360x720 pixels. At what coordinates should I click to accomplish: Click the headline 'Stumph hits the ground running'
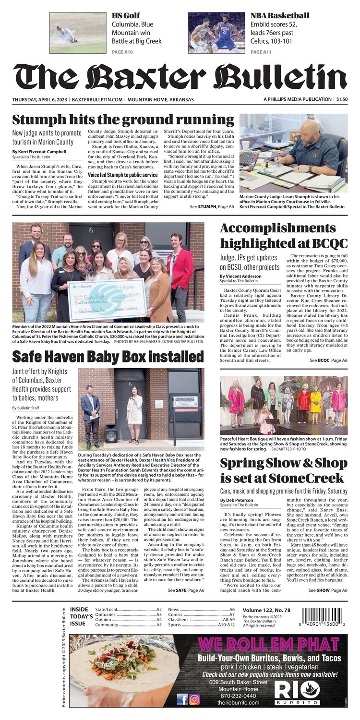click(123, 120)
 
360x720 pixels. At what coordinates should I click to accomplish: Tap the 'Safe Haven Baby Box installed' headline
click(108, 357)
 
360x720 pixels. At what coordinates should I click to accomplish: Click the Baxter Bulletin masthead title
click(180, 77)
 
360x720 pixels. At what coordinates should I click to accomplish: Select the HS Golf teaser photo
click(78, 33)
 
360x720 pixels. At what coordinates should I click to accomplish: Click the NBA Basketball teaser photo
click(216, 33)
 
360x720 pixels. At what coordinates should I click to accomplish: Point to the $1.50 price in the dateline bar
click(342, 99)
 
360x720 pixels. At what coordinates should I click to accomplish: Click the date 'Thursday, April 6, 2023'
click(41, 99)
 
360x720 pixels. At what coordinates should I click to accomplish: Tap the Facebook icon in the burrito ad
click(182, 699)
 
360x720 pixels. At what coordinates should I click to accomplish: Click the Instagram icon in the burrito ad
click(194, 699)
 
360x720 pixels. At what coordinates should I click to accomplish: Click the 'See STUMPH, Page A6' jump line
click(212, 206)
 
